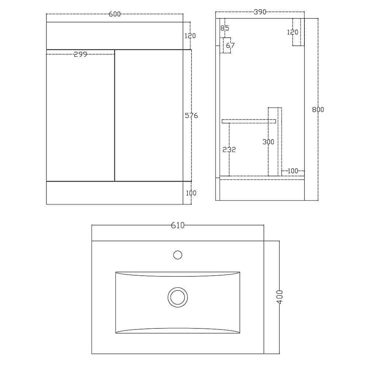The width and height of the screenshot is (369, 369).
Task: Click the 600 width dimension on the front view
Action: click(x=115, y=14)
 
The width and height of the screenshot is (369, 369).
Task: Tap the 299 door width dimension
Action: click(x=80, y=54)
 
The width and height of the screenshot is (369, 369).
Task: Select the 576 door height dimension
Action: click(x=191, y=115)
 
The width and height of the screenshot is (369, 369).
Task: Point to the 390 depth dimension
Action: click(x=260, y=12)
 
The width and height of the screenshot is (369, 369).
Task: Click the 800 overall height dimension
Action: click(x=318, y=110)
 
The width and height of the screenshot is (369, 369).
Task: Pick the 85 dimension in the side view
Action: click(x=224, y=28)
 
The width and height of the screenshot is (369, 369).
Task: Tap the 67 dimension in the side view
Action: click(x=230, y=45)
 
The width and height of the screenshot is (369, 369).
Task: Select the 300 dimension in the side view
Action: click(x=268, y=142)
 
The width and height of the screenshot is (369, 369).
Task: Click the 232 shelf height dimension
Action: click(x=229, y=149)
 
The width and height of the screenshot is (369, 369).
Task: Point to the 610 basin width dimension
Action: click(x=177, y=225)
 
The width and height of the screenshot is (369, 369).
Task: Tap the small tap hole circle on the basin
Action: click(x=177, y=255)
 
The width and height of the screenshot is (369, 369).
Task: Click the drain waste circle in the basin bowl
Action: click(x=177, y=297)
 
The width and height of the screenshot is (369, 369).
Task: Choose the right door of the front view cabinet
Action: click(x=149, y=115)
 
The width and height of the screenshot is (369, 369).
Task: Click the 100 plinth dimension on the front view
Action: click(x=191, y=193)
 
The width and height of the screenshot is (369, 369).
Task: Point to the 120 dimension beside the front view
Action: click(x=190, y=36)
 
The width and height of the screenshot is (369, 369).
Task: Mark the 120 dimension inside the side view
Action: click(x=292, y=32)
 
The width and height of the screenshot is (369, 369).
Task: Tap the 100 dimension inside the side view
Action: click(x=293, y=171)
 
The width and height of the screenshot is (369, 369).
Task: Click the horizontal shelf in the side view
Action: click(x=249, y=121)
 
